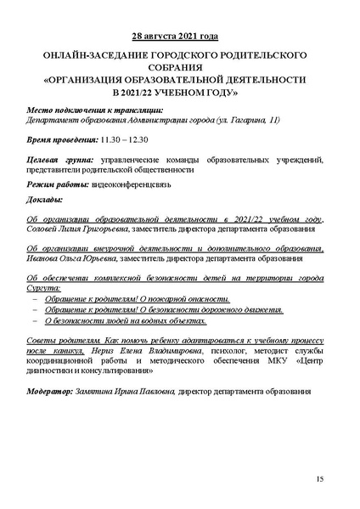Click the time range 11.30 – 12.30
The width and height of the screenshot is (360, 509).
point(125,138)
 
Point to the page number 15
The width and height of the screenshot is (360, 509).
point(319,481)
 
